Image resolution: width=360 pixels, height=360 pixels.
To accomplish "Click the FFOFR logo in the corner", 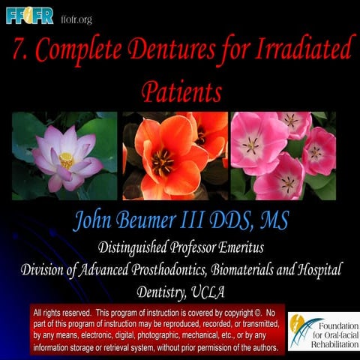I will coord(29,15).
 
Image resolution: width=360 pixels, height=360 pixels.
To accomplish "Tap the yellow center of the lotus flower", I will coord(66,159).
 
